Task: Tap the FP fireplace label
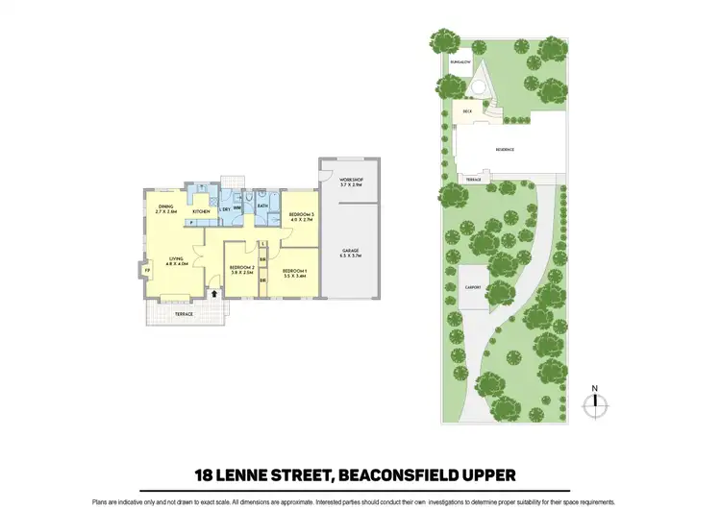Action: pyautogui.click(x=147, y=270)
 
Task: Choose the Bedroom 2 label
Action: pyautogui.click(x=240, y=272)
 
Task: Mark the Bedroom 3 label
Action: pyautogui.click(x=302, y=216)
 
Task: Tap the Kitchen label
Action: pyautogui.click(x=201, y=211)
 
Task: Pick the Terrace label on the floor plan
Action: pyautogui.click(x=183, y=314)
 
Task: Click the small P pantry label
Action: pyautogui.click(x=190, y=224)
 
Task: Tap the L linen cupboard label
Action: pyautogui.click(x=262, y=244)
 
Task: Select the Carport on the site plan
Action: pyautogui.click(x=472, y=287)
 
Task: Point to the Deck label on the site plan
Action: pyautogui.click(x=467, y=111)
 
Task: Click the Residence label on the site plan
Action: pyautogui.click(x=505, y=149)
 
